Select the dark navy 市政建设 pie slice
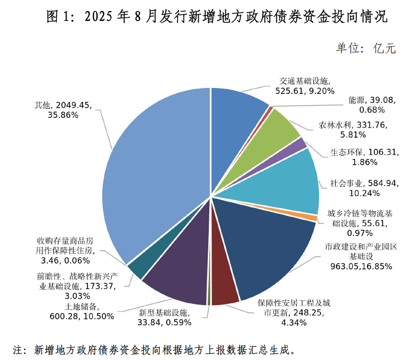[266, 245]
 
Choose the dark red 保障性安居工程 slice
[224, 288]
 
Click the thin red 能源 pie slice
[271, 109]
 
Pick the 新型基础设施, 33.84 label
[165, 317]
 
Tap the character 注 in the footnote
[20, 349]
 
